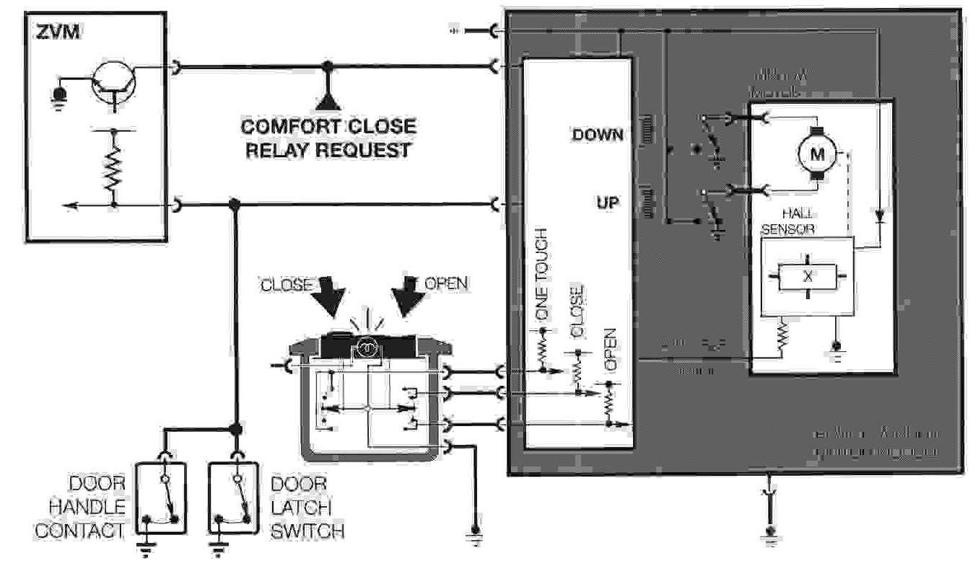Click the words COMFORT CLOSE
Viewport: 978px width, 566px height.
click(x=328, y=127)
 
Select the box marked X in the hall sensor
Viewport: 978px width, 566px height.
click(x=808, y=276)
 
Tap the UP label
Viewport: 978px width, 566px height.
click(x=607, y=204)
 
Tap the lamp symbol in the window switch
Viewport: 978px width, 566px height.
click(x=366, y=349)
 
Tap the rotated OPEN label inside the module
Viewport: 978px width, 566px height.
click(x=609, y=350)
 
